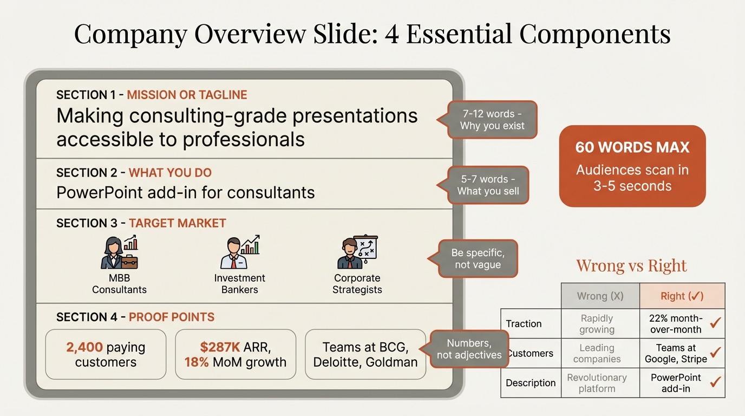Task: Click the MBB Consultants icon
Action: pos(119,253)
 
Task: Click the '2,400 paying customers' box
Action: pos(106,354)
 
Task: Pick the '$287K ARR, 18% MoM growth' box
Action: pos(236,354)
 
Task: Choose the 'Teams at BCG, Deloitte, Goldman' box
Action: pos(365,354)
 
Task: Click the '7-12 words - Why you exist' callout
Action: pos(492,120)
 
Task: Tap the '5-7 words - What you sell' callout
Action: pos(488,185)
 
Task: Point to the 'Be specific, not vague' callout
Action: pos(478,259)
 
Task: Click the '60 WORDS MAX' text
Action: pos(632,147)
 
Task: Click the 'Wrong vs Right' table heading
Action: pos(631,266)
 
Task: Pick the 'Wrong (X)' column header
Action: pos(600,296)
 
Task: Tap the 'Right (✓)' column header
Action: pos(682,296)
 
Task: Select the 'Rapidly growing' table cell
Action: pos(597,324)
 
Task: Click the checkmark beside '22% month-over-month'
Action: pos(715,323)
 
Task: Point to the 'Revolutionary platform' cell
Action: pos(597,383)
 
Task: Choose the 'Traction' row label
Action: pos(524,324)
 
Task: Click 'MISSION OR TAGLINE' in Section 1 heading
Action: pos(187,95)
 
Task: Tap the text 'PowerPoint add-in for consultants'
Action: pos(186,192)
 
